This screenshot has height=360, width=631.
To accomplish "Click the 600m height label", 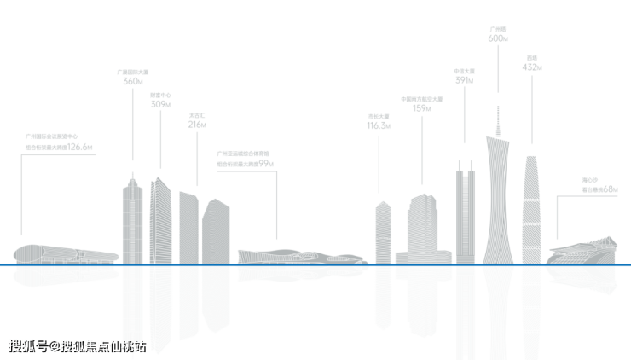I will pyautogui.click(x=498, y=38).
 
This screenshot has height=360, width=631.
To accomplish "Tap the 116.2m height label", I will pyautogui.click(x=379, y=125).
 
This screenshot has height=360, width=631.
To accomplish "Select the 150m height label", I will pyautogui.click(x=422, y=108).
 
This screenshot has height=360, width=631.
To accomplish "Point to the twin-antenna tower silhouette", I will pyautogui.click(x=465, y=213).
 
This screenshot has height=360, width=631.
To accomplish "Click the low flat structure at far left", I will pyautogui.click(x=64, y=253).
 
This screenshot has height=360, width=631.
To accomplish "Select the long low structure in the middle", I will pyautogui.click(x=298, y=255).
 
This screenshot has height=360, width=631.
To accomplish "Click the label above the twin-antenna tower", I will pyautogui.click(x=465, y=76).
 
